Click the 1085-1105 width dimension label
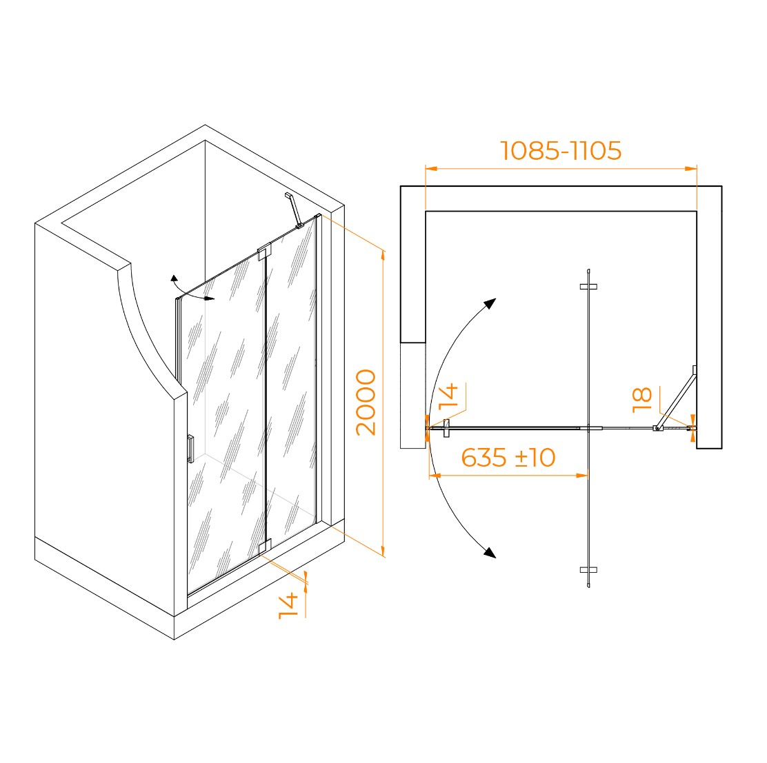point(561,150)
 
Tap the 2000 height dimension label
point(366,403)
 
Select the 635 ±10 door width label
point(508,458)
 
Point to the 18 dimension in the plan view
point(641,400)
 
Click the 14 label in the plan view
point(448,396)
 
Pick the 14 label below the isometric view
point(288,606)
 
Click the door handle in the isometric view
point(190,448)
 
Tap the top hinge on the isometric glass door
point(264,252)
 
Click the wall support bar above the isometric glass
point(295,210)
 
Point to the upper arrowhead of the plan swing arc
point(490,303)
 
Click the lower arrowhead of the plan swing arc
point(490,552)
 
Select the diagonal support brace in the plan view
point(675,398)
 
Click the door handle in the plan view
point(446,428)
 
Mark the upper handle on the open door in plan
point(588,287)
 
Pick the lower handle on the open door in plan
point(588,569)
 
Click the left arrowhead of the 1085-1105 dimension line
point(431,169)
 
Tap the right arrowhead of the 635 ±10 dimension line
point(582,475)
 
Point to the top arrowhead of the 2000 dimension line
point(383,256)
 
